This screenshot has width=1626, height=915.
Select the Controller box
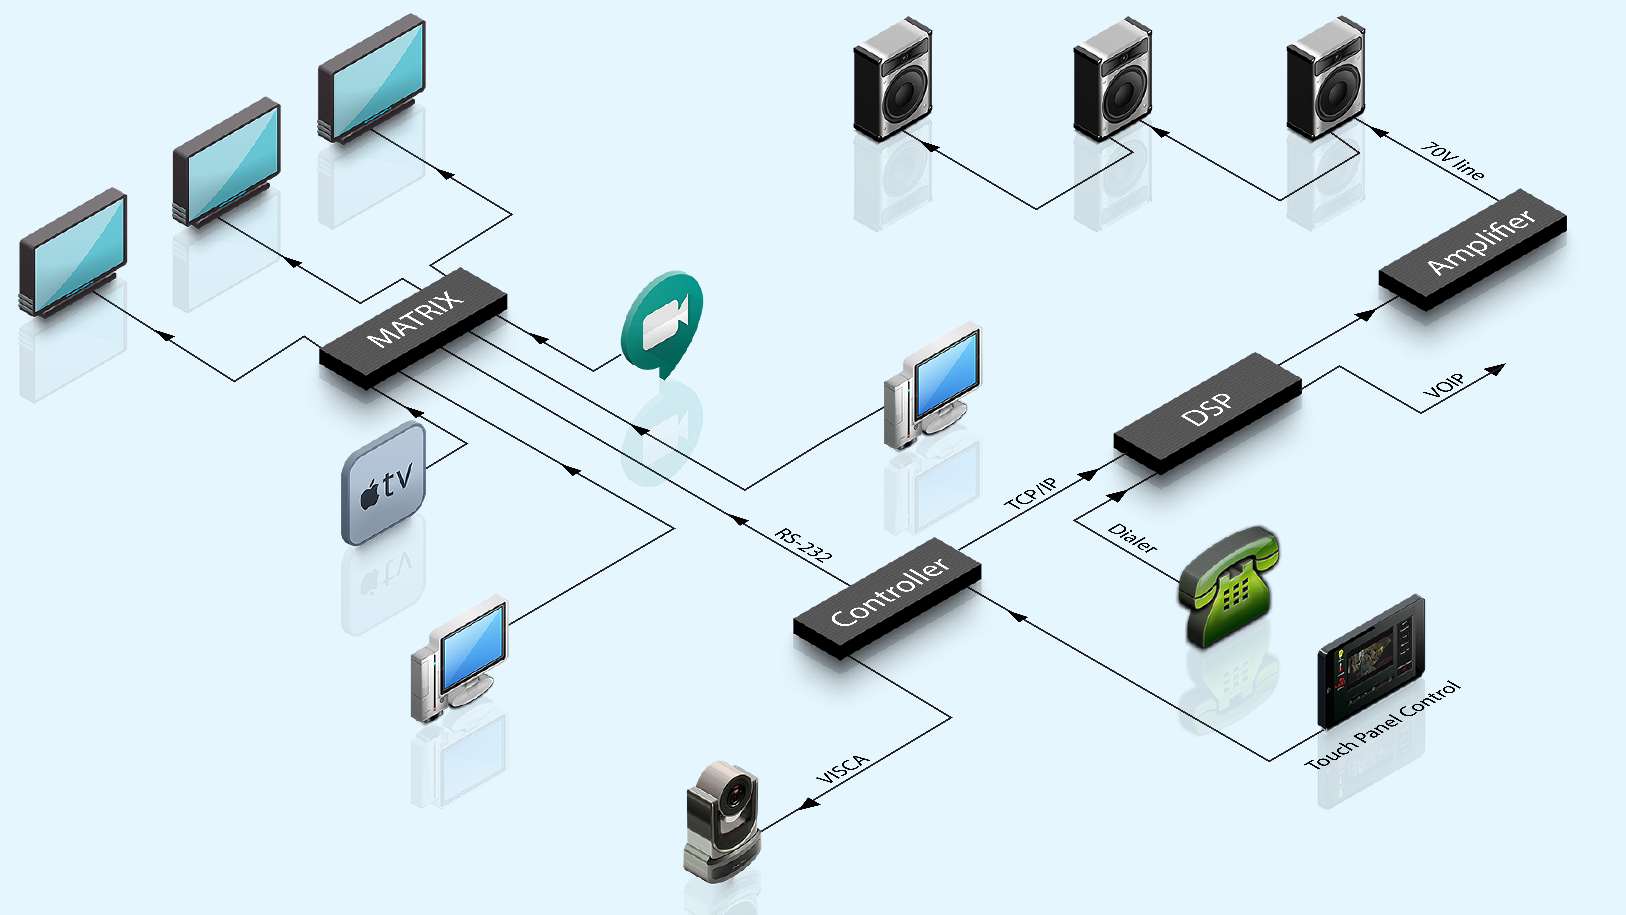[x=887, y=597]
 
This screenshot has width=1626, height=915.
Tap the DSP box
[x=1207, y=412]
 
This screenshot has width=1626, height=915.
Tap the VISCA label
[x=843, y=769]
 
